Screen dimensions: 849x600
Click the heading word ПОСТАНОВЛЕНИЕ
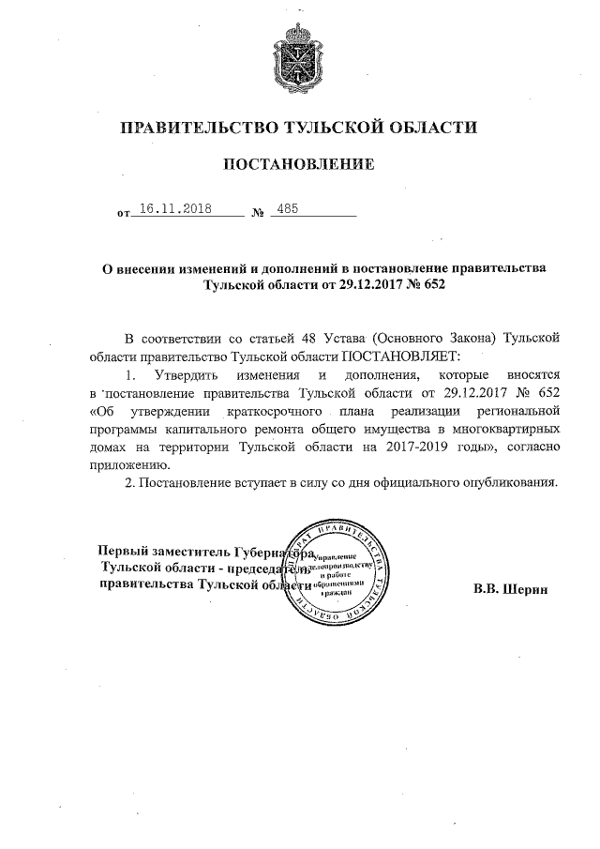tap(299, 165)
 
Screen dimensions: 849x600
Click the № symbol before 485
tap(258, 215)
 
